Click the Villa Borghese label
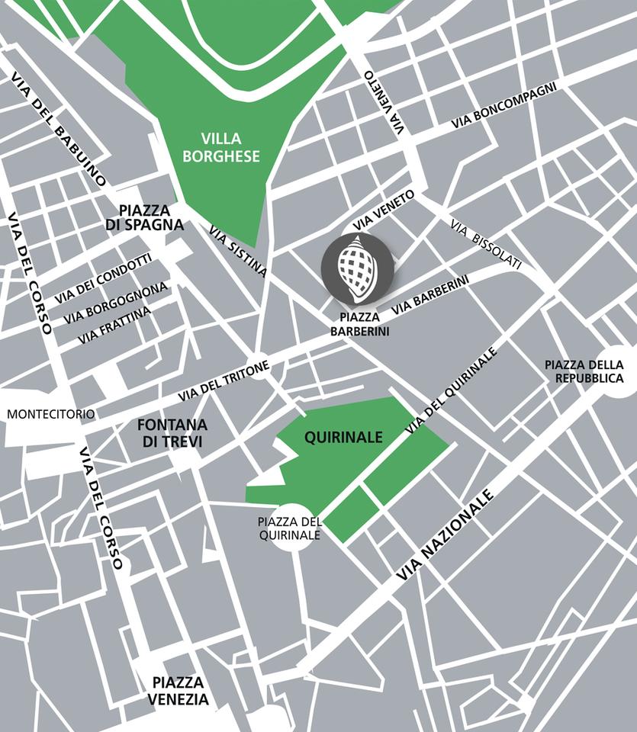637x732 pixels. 231,148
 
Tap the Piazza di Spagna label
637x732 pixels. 151,217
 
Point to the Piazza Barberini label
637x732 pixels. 359,324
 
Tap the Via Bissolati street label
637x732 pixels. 486,245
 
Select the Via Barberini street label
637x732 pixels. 429,296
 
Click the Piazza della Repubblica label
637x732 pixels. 584,371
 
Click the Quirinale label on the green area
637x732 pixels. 343,438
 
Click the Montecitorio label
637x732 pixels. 51,415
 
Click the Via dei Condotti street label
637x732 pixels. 102,278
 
